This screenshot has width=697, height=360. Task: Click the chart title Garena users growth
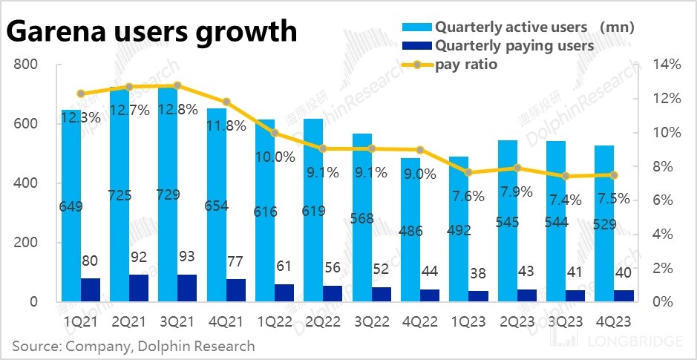(152, 33)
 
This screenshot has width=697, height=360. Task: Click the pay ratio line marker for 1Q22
(274, 133)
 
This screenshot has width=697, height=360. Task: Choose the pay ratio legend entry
(466, 65)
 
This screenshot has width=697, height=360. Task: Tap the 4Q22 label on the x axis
(419, 323)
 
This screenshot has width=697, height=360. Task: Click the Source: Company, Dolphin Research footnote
(133, 346)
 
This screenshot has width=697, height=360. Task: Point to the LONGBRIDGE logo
(630, 342)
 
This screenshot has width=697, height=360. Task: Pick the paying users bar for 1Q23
(478, 296)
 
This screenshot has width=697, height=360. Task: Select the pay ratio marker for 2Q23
(517, 168)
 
